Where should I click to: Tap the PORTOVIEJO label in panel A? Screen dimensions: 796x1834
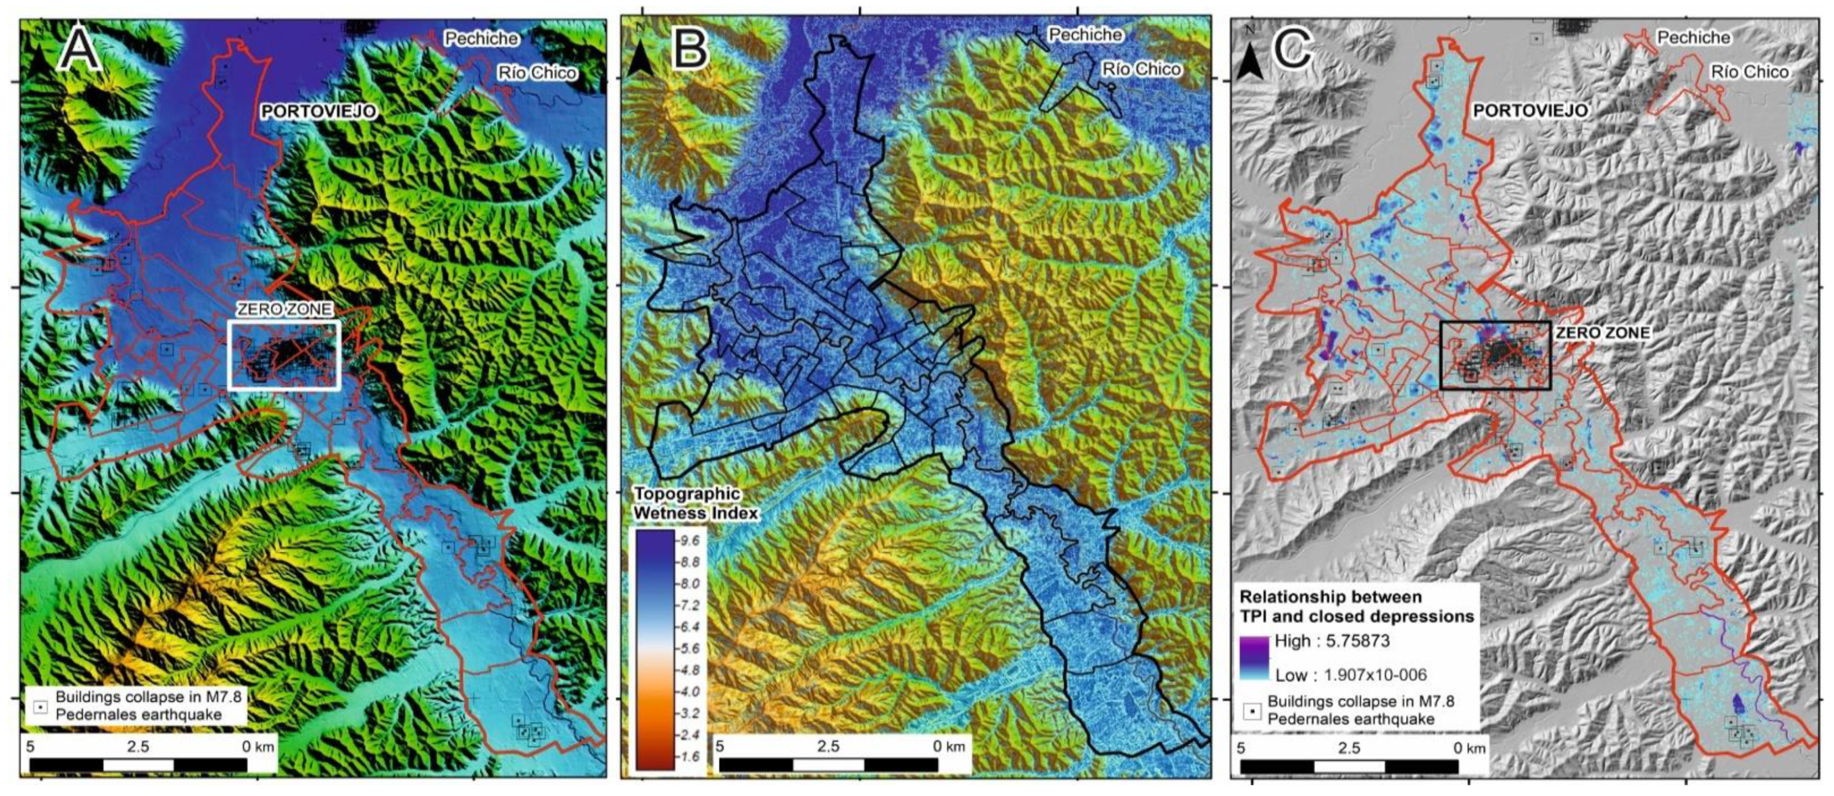click(318, 112)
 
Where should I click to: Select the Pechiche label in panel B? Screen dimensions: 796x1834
click(1085, 34)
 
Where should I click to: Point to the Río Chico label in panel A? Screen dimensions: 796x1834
click(538, 72)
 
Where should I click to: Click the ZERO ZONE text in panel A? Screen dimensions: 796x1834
click(284, 309)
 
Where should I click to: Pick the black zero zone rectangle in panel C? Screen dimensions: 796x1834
click(1495, 322)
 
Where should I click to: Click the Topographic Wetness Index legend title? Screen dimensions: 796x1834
click(696, 504)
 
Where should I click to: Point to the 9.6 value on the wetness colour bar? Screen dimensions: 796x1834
click(690, 541)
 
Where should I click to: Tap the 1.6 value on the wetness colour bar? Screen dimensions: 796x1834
click(690, 757)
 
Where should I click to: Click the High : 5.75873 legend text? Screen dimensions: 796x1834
click(1331, 641)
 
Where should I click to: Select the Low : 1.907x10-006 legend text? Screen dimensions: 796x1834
click(1351, 675)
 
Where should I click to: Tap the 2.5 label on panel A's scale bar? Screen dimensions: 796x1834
click(138, 747)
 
